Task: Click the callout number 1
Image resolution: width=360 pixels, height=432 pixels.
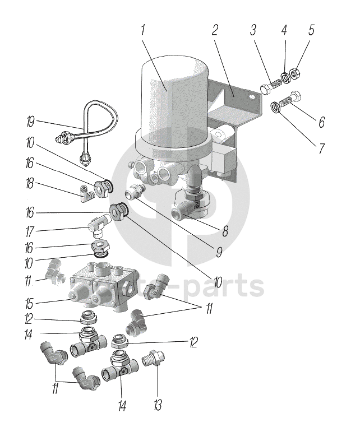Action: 142,30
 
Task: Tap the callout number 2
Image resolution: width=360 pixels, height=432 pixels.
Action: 215,30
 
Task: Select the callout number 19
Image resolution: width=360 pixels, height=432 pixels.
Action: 30,122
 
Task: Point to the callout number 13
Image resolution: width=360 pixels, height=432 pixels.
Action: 158,405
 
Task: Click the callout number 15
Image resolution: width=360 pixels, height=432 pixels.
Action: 29,304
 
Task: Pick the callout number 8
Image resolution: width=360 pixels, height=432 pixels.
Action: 225,231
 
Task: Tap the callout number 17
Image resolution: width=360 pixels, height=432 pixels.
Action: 30,231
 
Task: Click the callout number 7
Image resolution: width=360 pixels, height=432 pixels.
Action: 321,148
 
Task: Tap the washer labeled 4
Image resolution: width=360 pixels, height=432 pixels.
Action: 285,77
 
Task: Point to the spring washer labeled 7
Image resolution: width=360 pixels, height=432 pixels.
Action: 275,107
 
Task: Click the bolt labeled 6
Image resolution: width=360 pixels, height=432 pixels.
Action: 290,100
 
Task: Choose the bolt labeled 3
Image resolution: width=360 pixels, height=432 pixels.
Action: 270,85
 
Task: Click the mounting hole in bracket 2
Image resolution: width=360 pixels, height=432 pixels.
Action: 251,97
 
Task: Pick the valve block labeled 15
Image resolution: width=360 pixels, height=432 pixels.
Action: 104,286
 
